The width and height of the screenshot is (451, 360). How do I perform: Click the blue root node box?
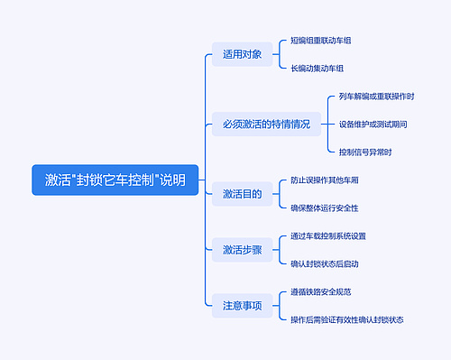(115, 180)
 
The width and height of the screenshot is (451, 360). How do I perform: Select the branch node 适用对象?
(242, 54)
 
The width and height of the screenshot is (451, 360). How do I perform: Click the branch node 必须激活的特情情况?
(266, 125)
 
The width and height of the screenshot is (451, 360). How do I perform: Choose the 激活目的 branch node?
(242, 194)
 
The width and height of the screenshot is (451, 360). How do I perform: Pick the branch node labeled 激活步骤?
(242, 250)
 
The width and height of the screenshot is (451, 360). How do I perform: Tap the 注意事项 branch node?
(242, 306)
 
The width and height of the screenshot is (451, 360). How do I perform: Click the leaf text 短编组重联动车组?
(321, 41)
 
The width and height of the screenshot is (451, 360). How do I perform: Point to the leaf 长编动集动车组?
(318, 68)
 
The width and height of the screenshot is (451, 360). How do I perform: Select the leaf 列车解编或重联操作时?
(376, 97)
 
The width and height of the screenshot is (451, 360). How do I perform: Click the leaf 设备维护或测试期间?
(373, 124)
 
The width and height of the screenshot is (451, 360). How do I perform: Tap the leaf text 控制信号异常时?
(365, 152)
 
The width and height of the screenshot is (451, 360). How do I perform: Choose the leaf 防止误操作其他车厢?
(325, 180)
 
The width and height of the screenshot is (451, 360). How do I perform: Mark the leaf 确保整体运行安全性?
(325, 208)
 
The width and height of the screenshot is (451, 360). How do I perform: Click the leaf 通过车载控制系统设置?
(328, 236)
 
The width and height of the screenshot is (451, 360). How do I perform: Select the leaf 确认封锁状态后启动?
(325, 263)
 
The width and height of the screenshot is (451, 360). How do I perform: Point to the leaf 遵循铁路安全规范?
(321, 292)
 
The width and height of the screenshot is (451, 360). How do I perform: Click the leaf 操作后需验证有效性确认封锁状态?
(347, 319)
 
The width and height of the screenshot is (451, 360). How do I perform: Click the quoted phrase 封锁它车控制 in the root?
(114, 180)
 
